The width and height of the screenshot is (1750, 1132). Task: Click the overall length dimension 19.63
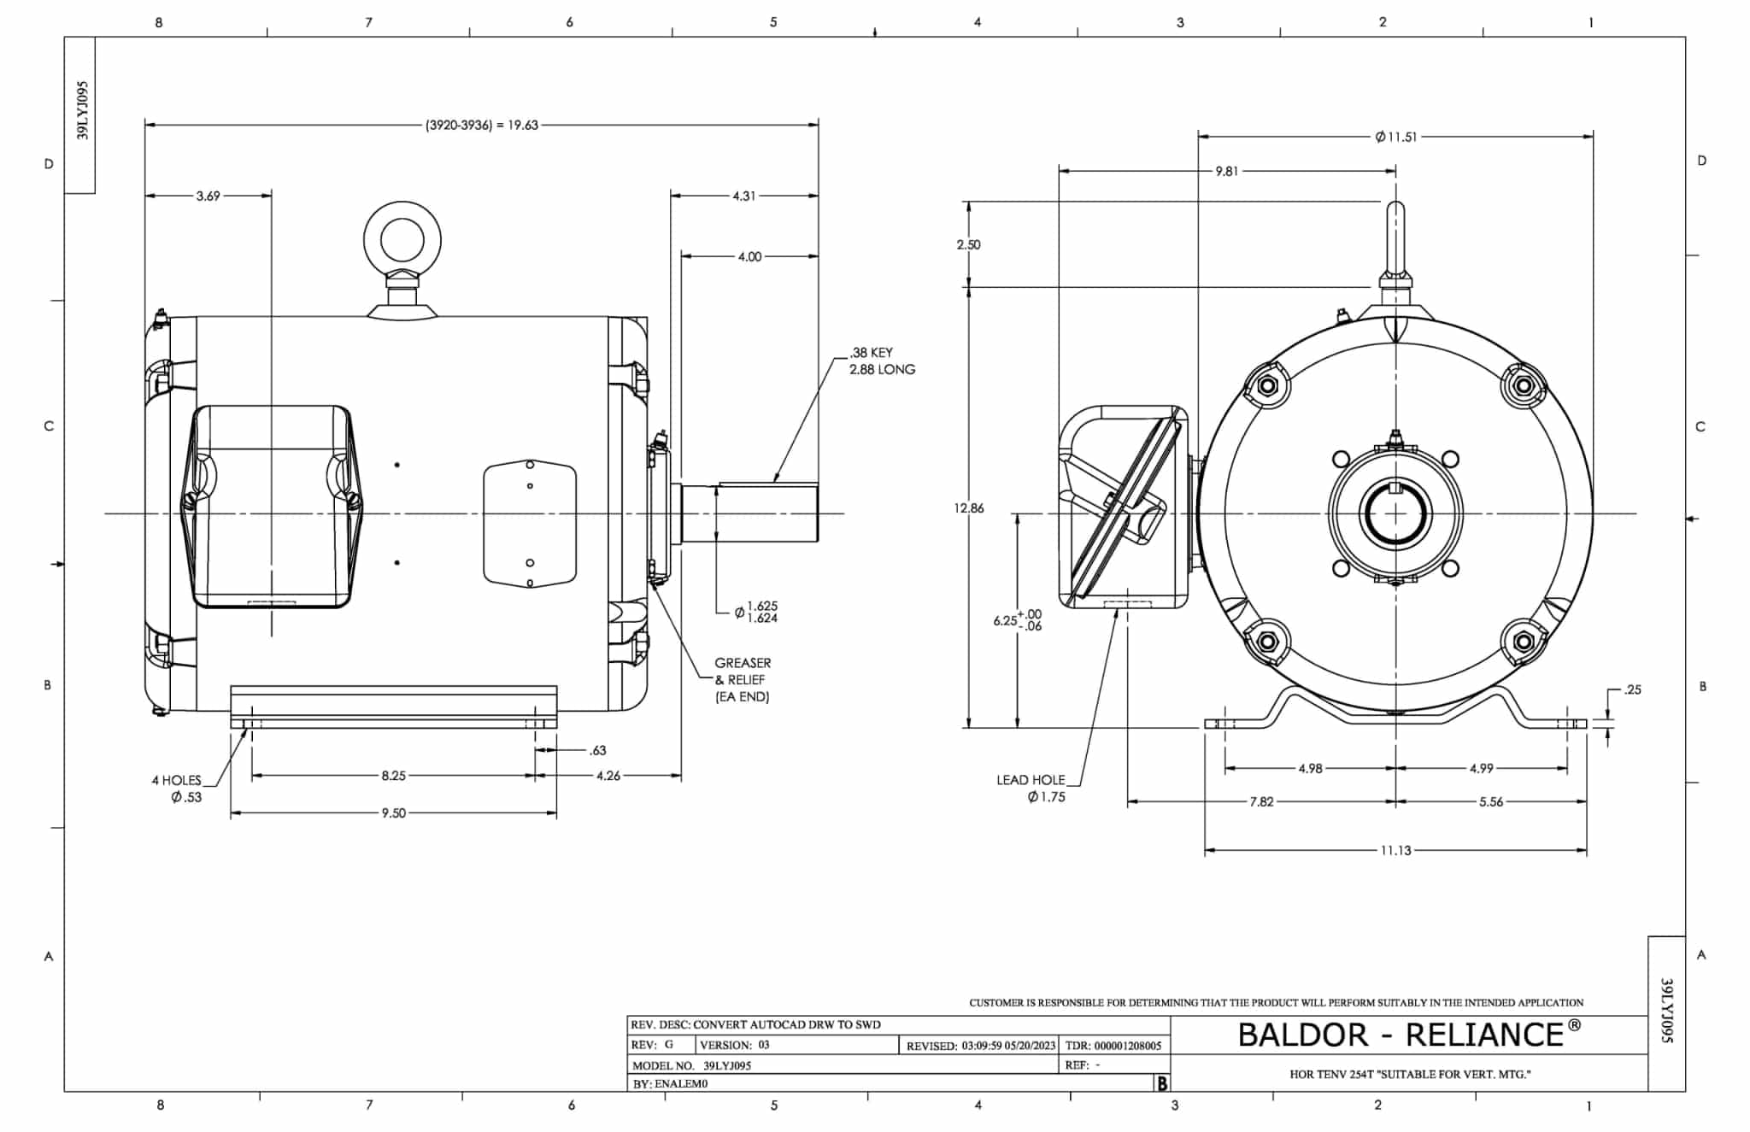(x=482, y=125)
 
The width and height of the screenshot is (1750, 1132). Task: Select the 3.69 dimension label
(x=208, y=196)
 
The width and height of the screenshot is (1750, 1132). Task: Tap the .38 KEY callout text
(x=871, y=352)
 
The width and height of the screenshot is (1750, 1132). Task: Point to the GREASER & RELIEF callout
(x=743, y=679)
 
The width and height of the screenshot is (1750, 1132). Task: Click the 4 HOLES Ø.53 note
(x=177, y=789)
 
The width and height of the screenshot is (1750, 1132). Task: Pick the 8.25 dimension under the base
(x=393, y=776)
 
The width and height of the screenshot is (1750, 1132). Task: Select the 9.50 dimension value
(x=393, y=812)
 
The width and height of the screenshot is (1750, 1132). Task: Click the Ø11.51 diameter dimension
(x=1396, y=137)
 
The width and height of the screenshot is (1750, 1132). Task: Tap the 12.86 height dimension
(x=969, y=507)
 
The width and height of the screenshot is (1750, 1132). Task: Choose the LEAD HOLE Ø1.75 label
(x=1031, y=788)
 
